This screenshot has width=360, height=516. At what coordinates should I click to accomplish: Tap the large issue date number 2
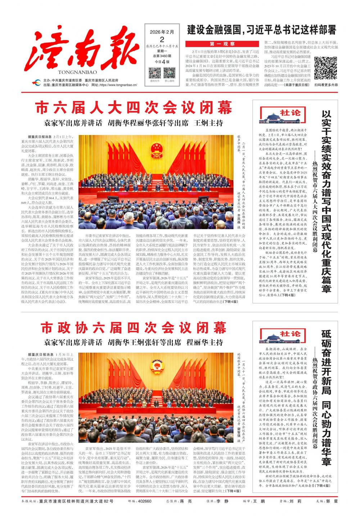(162, 39)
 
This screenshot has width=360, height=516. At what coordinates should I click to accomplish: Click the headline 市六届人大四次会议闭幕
(133, 107)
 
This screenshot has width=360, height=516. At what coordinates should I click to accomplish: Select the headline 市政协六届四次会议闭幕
(133, 328)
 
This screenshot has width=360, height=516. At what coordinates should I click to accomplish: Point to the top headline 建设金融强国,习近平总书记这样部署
(261, 30)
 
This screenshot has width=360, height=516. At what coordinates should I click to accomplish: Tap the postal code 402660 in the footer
(145, 501)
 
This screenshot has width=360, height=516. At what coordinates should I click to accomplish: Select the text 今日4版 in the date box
(162, 62)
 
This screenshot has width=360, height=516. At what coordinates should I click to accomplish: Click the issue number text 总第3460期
(162, 56)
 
